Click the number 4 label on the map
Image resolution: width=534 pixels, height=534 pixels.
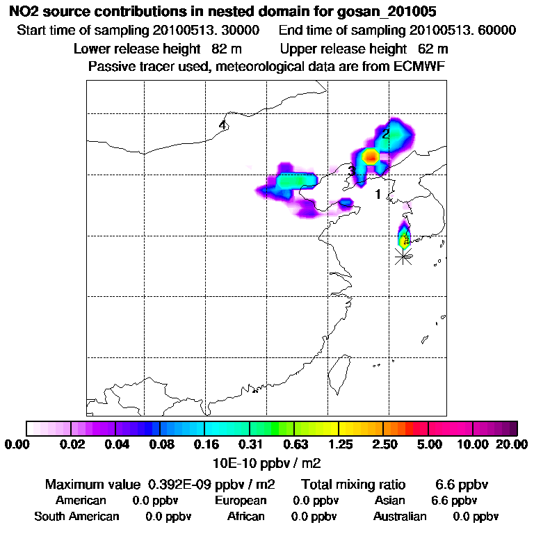tap(222, 125)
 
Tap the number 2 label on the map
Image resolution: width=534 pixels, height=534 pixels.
tap(386, 134)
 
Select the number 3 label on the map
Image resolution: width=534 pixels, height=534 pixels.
tap(352, 171)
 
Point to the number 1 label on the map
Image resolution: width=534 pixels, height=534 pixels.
tap(378, 195)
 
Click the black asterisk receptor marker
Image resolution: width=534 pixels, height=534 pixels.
tap(403, 257)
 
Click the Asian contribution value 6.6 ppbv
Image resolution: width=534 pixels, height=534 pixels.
tap(454, 501)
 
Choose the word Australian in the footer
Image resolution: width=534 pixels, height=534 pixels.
tap(400, 517)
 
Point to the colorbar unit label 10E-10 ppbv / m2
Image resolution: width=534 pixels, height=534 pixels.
tap(266, 462)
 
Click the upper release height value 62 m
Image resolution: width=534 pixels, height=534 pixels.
tap(433, 49)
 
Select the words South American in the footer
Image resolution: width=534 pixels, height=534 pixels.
tap(76, 517)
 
